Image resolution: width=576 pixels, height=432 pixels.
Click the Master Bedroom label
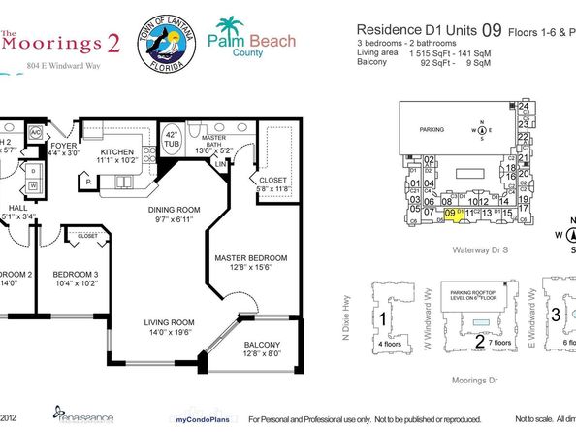coord(251,262)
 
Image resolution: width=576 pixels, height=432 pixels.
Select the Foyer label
coord(64,147)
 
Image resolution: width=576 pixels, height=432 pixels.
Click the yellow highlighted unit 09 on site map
coord(452,215)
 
